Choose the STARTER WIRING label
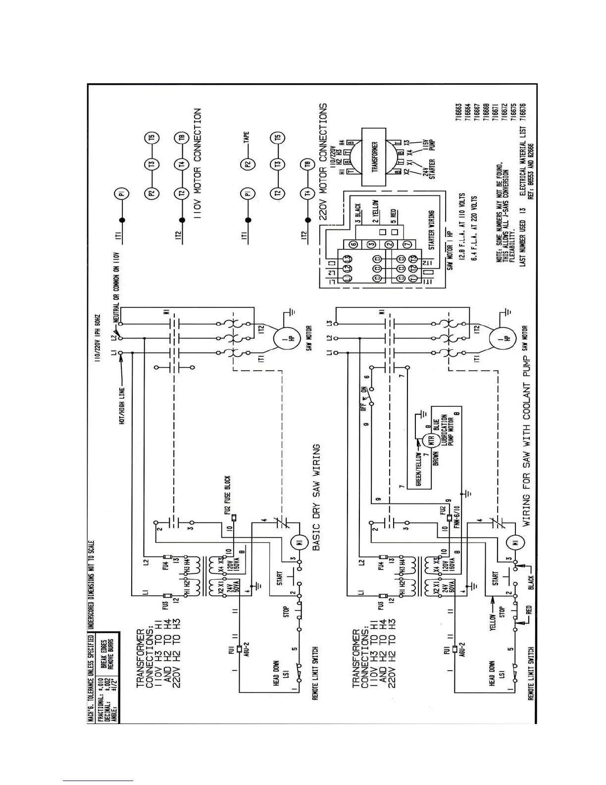pyautogui.click(x=431, y=230)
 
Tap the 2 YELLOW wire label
pyautogui.click(x=376, y=211)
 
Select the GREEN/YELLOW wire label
pyautogui.click(x=418, y=468)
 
